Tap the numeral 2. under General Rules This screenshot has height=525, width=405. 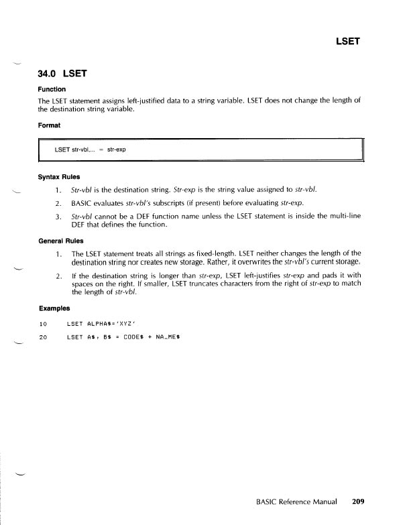[x=59, y=276]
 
